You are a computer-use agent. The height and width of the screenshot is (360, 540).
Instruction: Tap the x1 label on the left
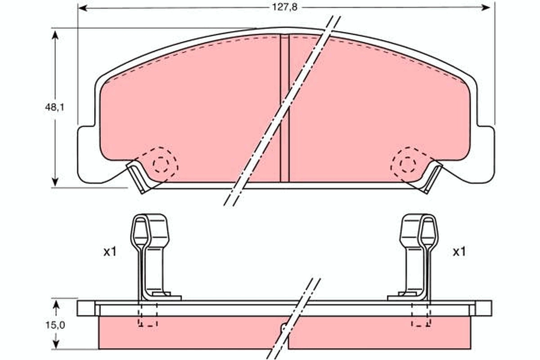(109, 252)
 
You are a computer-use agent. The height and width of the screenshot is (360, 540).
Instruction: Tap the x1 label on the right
(459, 252)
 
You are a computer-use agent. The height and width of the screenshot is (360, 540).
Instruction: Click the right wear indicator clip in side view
(418, 256)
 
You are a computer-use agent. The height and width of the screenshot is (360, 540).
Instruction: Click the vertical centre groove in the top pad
(284, 108)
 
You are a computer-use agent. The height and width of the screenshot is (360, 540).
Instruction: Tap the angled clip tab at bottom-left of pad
(139, 178)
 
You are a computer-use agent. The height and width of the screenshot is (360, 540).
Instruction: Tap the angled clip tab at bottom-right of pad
(431, 178)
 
